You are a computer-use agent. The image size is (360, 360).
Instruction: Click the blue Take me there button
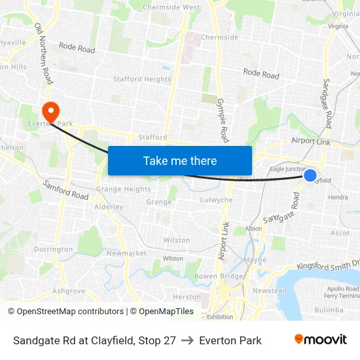(180, 160)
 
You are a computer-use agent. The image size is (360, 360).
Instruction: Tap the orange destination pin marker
(50, 110)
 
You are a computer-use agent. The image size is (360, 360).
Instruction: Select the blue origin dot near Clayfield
(310, 175)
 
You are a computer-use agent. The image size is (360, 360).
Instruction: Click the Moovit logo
(321, 340)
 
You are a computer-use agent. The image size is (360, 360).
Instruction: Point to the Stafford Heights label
(142, 79)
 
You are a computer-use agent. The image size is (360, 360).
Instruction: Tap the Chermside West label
(171, 7)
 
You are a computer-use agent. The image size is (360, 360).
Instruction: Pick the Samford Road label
(65, 191)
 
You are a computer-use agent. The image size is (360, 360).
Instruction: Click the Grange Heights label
(124, 189)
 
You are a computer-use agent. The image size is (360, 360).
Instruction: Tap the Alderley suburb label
(109, 207)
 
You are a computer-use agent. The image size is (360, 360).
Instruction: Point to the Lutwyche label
(216, 200)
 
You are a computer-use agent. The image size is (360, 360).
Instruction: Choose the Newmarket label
(126, 253)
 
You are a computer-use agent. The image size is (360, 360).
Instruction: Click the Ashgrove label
(69, 291)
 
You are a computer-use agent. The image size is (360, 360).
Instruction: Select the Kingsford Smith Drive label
(328, 264)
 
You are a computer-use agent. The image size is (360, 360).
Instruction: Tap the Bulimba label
(329, 310)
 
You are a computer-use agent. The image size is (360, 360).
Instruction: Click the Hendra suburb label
(338, 196)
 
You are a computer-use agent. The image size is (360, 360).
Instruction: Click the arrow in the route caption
(188, 340)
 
